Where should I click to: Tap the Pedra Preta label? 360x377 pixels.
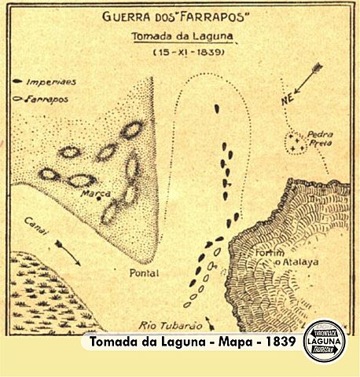pos(321,139)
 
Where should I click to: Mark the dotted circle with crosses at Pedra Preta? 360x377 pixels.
pos(295,143)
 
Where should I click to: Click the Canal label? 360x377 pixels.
pos(34,224)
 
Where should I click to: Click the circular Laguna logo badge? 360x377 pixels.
pos(330,342)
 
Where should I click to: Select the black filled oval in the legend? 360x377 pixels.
pos(16,82)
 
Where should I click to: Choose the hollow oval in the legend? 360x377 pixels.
pos(16,100)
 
